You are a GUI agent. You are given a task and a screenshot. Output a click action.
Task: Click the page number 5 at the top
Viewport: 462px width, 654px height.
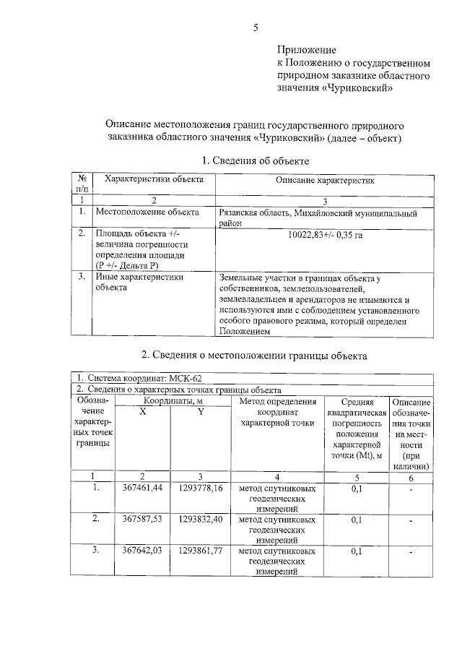[x=256, y=28]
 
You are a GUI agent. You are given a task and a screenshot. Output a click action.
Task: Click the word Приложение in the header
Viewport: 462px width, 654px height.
[x=307, y=51]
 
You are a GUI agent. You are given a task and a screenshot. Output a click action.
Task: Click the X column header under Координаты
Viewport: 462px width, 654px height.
[x=143, y=412]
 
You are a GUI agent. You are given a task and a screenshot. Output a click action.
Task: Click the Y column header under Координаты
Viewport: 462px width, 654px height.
[x=201, y=412]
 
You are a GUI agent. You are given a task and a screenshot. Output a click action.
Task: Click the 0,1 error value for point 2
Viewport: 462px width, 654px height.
[x=356, y=520]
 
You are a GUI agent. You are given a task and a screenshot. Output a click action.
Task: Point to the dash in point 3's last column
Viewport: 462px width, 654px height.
[x=411, y=553]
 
